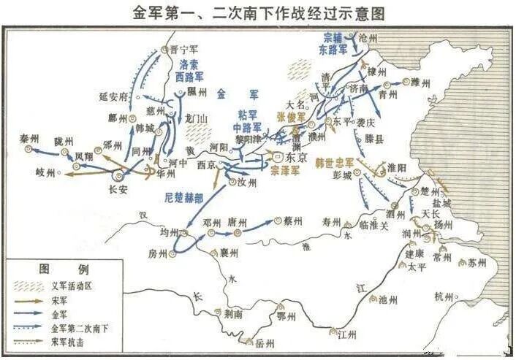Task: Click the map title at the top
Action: (x=258, y=13)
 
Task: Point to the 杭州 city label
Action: (x=444, y=296)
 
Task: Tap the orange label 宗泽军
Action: (x=285, y=170)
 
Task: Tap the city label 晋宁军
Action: (x=183, y=50)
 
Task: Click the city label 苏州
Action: (x=477, y=262)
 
